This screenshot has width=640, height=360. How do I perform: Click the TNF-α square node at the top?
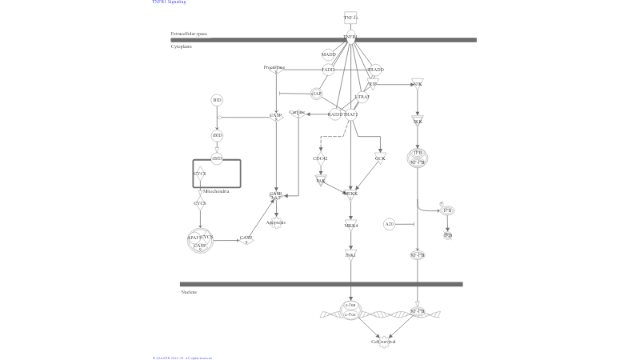(x=350, y=18)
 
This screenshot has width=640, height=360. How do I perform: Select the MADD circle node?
(x=328, y=55)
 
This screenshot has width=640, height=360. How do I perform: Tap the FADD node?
(x=328, y=70)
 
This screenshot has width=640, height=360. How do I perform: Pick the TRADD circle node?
(x=375, y=70)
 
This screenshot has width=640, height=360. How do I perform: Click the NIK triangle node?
(x=417, y=83)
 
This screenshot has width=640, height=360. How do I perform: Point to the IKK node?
(x=418, y=122)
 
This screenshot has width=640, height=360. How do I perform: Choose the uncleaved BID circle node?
(x=217, y=100)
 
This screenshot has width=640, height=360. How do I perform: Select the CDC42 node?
(x=320, y=158)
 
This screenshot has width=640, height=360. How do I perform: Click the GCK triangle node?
(x=380, y=158)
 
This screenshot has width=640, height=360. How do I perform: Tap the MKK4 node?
(x=350, y=226)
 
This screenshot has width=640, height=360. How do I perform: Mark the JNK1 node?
(x=350, y=254)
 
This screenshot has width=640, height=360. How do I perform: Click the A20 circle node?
(x=389, y=224)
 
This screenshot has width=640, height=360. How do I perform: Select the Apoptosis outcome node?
(x=276, y=223)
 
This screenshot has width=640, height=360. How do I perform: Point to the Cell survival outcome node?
(x=384, y=342)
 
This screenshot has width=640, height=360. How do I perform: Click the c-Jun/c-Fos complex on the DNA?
(x=350, y=310)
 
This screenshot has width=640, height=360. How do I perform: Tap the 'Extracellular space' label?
(x=189, y=34)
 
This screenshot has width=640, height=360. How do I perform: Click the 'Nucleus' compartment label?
(x=189, y=292)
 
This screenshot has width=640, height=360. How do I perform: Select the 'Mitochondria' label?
(x=217, y=192)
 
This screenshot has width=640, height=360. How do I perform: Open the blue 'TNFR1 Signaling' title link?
(x=169, y=2)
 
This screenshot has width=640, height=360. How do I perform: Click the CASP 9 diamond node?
(x=246, y=238)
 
